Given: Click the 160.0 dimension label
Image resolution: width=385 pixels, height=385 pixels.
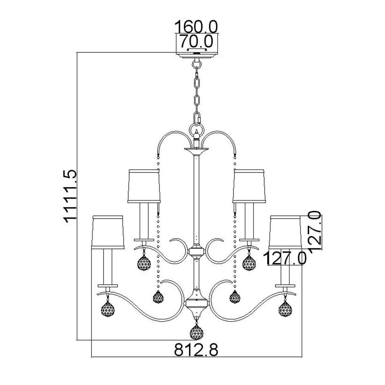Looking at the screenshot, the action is [196, 27].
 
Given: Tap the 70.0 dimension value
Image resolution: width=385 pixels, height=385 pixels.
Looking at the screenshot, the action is [196, 41].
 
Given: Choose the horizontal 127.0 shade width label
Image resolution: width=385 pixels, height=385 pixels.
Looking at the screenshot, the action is [285, 258].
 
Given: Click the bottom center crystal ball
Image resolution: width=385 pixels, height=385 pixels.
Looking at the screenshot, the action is [196, 333].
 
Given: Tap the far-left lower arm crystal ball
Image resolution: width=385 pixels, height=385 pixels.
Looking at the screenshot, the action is [108, 309].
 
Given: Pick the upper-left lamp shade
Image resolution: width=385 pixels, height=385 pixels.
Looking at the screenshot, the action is [144, 186].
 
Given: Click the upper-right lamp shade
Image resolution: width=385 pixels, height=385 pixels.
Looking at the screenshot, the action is [249, 186].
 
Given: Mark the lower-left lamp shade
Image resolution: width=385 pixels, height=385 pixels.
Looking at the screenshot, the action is [108, 232].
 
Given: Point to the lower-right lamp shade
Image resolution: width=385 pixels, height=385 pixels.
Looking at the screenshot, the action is [285, 232].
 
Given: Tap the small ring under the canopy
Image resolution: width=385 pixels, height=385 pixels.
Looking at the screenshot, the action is [197, 64].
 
